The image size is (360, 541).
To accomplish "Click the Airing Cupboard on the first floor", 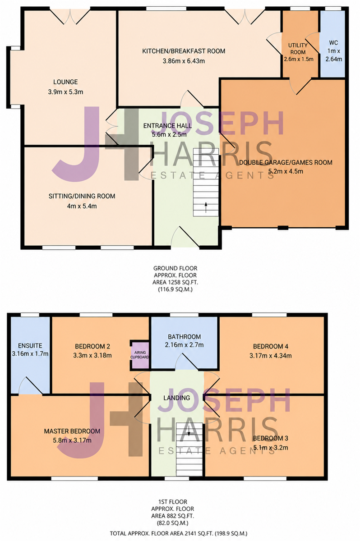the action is pos(139,354).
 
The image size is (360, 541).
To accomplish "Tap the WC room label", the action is pos(333,43).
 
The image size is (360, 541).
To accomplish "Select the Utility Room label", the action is pos(298,49).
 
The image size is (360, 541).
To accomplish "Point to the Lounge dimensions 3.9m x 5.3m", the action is pos(65,92).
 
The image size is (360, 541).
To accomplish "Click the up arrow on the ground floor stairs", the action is pos(206,207).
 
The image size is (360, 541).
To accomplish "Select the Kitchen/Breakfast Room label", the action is pos(184,51).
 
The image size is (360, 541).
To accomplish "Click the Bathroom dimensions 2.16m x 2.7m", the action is pos(184,344).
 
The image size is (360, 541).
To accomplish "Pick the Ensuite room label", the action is pos(30,346).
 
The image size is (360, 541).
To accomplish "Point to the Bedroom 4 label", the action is pos(271,346).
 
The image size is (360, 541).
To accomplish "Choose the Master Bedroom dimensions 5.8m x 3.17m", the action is pos(72,440).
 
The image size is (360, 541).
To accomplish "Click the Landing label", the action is pos(177,398).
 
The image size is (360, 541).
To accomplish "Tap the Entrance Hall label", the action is pos(167,126).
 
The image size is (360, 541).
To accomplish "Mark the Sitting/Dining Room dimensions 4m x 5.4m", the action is pos(82,206).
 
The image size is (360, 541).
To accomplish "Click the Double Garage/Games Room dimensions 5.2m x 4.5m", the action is pos(286,171).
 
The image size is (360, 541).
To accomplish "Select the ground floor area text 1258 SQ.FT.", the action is pos(175,282).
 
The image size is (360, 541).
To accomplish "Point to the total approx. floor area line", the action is pos(179,533).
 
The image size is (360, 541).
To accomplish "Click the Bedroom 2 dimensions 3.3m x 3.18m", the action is pos(92,355).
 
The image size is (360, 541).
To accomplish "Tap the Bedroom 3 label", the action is pos(271,438).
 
